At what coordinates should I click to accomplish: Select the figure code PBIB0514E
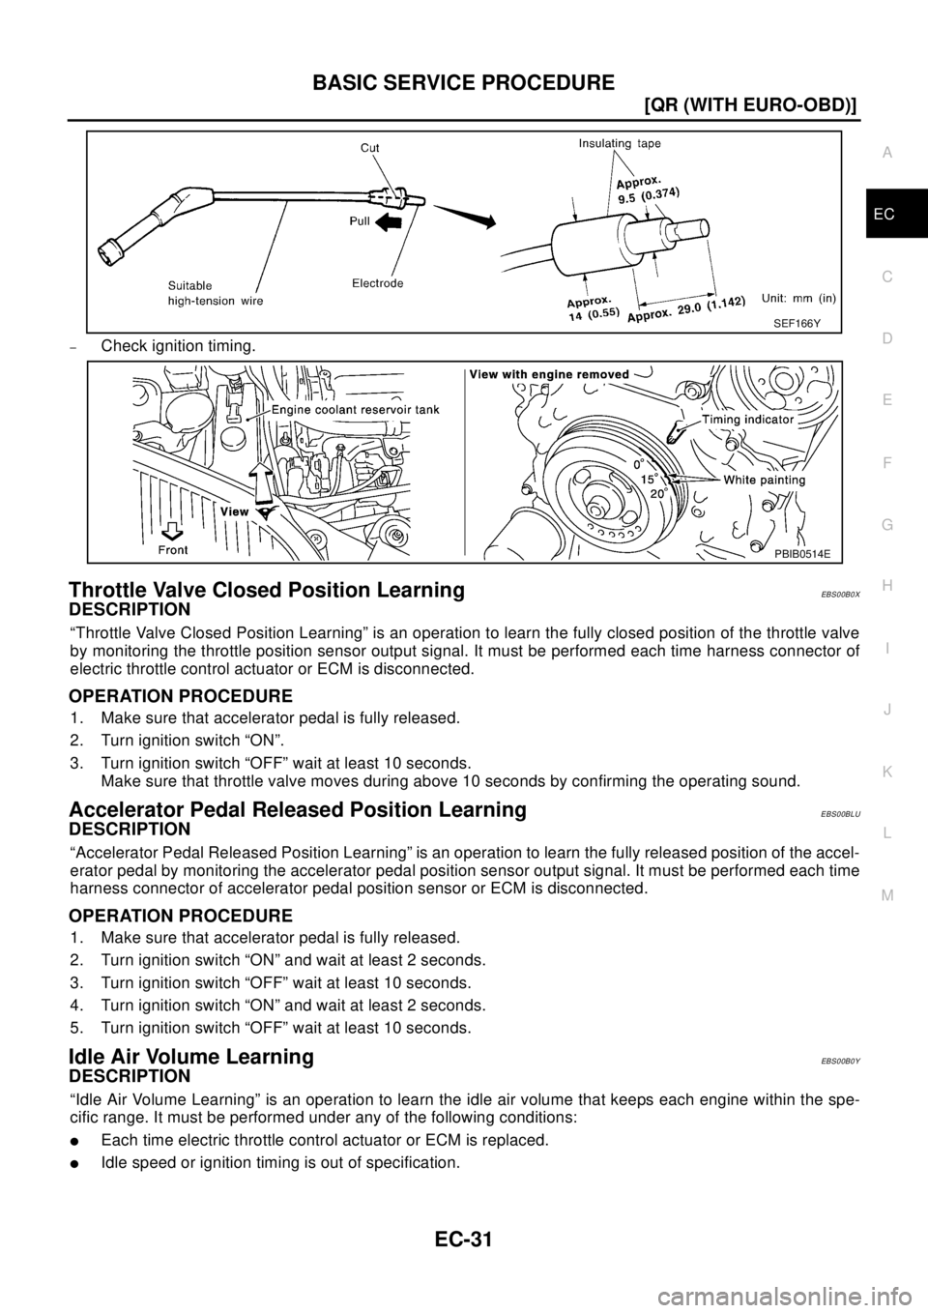pos(801,553)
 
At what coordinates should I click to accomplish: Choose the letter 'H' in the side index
pos(887,585)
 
